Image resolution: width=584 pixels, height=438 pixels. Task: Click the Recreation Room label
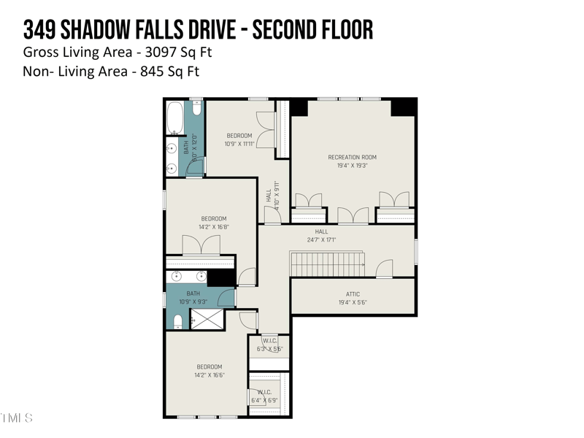click(352, 157)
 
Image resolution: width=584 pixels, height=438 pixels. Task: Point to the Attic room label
click(353, 294)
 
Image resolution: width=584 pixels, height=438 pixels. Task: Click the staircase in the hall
click(327, 264)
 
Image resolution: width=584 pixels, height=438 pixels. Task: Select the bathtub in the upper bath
click(176, 118)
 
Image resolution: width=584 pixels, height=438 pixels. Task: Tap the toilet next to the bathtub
click(196, 107)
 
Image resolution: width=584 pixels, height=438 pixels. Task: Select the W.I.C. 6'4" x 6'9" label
click(264, 396)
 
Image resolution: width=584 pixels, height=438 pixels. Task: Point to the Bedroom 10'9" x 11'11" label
click(239, 139)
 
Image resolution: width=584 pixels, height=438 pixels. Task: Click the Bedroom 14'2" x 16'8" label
click(213, 223)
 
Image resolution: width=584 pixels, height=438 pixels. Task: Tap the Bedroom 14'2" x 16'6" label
click(209, 371)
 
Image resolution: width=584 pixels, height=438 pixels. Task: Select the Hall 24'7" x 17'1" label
click(321, 236)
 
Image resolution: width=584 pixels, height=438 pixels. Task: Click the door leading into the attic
click(383, 271)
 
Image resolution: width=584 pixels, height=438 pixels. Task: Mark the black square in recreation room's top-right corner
click(402, 107)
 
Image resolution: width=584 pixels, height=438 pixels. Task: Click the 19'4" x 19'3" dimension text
click(352, 166)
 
